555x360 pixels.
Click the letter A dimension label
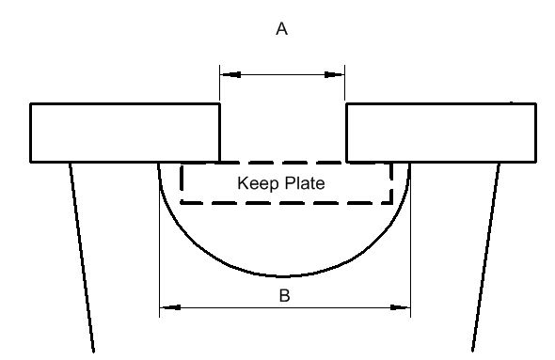[282, 28]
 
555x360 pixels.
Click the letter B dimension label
[285, 295]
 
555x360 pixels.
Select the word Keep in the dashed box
[258, 183]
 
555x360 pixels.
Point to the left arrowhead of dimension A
[230, 74]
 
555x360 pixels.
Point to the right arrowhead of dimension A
[335, 74]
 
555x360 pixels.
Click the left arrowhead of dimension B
[170, 307]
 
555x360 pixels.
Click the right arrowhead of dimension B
[401, 307]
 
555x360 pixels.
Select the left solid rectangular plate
[125, 133]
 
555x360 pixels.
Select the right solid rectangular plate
[441, 133]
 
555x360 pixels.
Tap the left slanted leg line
[82, 258]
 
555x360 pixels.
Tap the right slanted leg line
[486, 258]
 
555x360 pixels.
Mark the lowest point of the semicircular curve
[283, 275]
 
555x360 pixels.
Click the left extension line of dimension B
[159, 241]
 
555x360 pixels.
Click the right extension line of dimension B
[410, 241]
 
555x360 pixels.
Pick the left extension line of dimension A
[219, 84]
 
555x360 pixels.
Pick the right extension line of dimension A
[344, 84]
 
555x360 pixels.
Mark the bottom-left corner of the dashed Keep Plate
[181, 203]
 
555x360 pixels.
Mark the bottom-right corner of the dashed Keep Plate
[392, 203]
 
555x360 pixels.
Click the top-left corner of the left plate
[30, 103]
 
